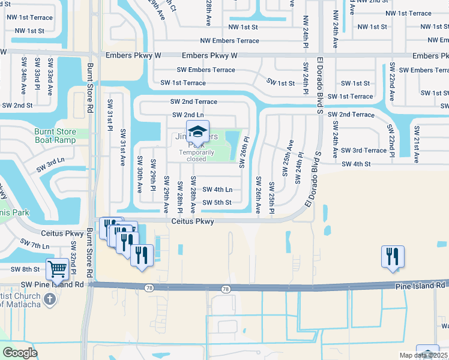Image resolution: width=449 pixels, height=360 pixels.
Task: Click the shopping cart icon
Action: pos(57,269)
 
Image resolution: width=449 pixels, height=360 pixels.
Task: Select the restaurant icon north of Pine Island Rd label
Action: pos(393,256)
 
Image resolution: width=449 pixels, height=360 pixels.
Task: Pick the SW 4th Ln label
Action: pos(217,190)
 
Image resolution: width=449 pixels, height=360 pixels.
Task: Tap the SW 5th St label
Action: pos(217,202)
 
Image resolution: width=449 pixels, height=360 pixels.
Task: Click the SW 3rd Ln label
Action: pos(50,165)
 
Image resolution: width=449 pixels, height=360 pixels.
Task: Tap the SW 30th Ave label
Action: pos(139,174)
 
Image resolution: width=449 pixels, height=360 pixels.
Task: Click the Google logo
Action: pos(20,353)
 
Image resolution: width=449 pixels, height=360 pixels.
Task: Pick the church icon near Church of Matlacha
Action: pos(52,299)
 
